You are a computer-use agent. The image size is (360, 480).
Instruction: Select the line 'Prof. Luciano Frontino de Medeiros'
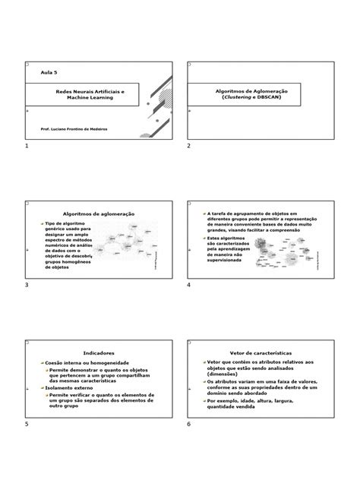[x=74, y=129]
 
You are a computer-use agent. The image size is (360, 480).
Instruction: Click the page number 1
[x=27, y=145]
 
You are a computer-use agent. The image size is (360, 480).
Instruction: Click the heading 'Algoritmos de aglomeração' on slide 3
[x=98, y=214]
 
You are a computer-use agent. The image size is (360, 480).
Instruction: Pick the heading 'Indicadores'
[x=98, y=353]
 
